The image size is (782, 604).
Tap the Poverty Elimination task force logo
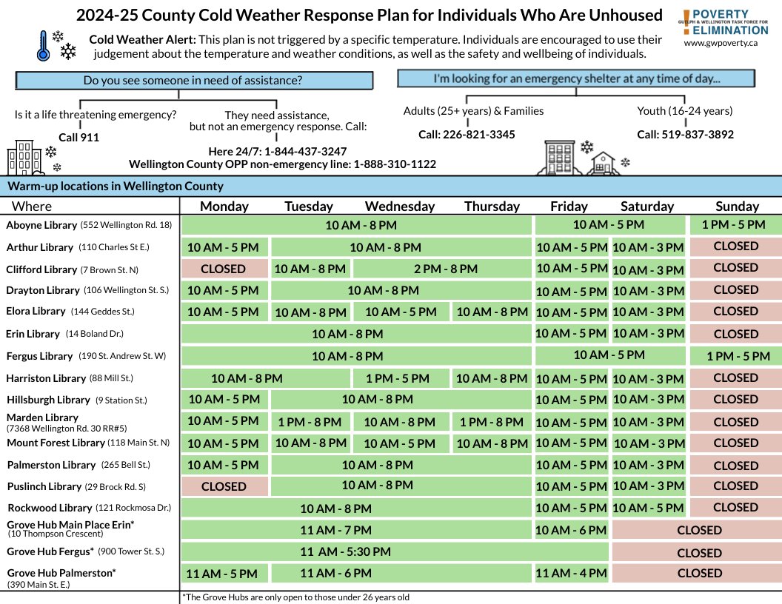pyautogui.click(x=725, y=23)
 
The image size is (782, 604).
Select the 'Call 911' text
pyautogui.click(x=78, y=138)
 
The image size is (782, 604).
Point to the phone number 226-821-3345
pyautogui.click(x=467, y=135)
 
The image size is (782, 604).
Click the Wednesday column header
pyautogui.click(x=400, y=207)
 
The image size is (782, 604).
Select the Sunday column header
pyautogui.click(x=737, y=207)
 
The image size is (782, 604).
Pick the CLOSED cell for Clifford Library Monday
pyautogui.click(x=223, y=268)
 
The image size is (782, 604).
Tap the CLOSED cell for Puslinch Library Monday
pyautogui.click(x=224, y=486)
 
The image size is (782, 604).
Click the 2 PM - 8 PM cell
pyautogui.click(x=441, y=269)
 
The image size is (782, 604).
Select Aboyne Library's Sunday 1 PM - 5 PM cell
pyautogui.click(x=735, y=225)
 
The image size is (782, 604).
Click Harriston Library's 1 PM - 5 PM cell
pyautogui.click(x=398, y=378)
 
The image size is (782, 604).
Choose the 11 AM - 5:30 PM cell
pyautogui.click(x=346, y=551)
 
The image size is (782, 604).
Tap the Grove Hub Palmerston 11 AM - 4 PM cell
pyautogui.click(x=571, y=573)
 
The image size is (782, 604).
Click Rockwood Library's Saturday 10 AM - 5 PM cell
pyautogui.click(x=648, y=508)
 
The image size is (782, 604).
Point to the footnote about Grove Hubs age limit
pyautogui.click(x=295, y=597)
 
